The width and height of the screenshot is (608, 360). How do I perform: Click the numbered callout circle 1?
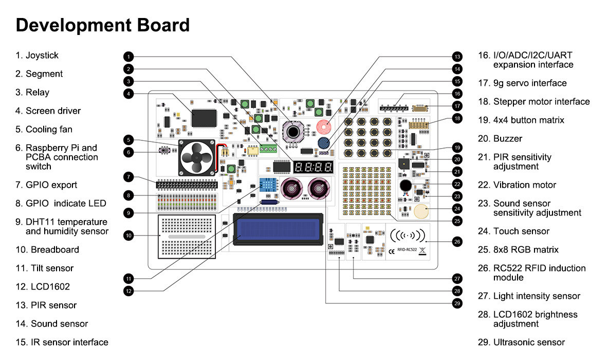[x=129, y=56]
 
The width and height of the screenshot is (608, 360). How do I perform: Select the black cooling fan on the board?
[x=195, y=157]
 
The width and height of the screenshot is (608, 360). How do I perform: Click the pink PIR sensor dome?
[x=323, y=126]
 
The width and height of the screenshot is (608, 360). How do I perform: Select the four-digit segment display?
[x=313, y=167]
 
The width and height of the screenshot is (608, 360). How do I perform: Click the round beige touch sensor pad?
[x=421, y=211]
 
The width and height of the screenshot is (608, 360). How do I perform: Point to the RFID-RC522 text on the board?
[x=408, y=251]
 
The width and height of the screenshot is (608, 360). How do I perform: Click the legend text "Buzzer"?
[x=507, y=139]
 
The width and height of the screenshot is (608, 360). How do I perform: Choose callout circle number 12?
[x=129, y=291]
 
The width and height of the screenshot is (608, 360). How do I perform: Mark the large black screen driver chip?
[x=204, y=118]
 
